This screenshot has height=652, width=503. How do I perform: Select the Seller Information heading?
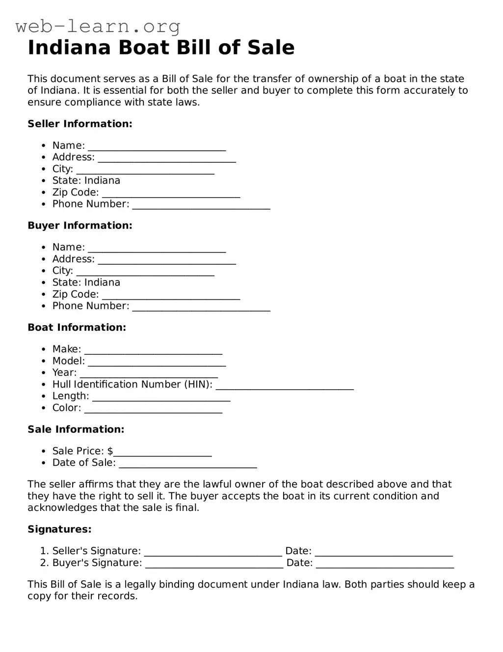click(x=80, y=124)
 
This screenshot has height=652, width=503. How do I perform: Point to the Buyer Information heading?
click(x=80, y=226)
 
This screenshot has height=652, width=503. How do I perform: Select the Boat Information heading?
click(x=77, y=327)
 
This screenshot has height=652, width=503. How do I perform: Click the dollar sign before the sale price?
click(x=110, y=451)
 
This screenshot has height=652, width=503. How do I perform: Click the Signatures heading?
click(x=59, y=529)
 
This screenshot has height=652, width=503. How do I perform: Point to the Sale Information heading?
click(x=76, y=429)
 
